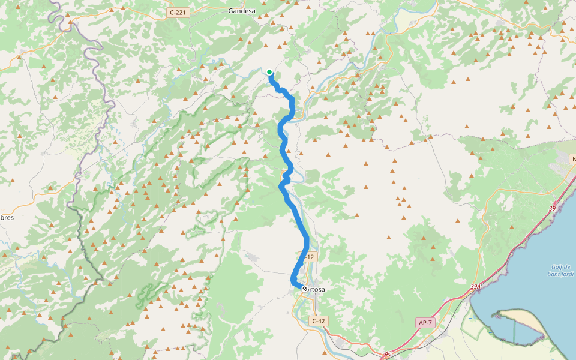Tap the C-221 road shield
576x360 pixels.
(x=179, y=12)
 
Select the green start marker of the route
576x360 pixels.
(x=269, y=73)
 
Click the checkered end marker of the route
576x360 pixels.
(x=305, y=289)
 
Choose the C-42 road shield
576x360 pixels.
(x=319, y=321)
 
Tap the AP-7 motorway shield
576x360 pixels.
(x=425, y=323)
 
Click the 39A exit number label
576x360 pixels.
(x=475, y=287)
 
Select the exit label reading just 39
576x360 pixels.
(x=552, y=208)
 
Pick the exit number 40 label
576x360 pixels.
(x=388, y=353)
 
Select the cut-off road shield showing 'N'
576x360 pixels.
(x=572, y=158)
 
